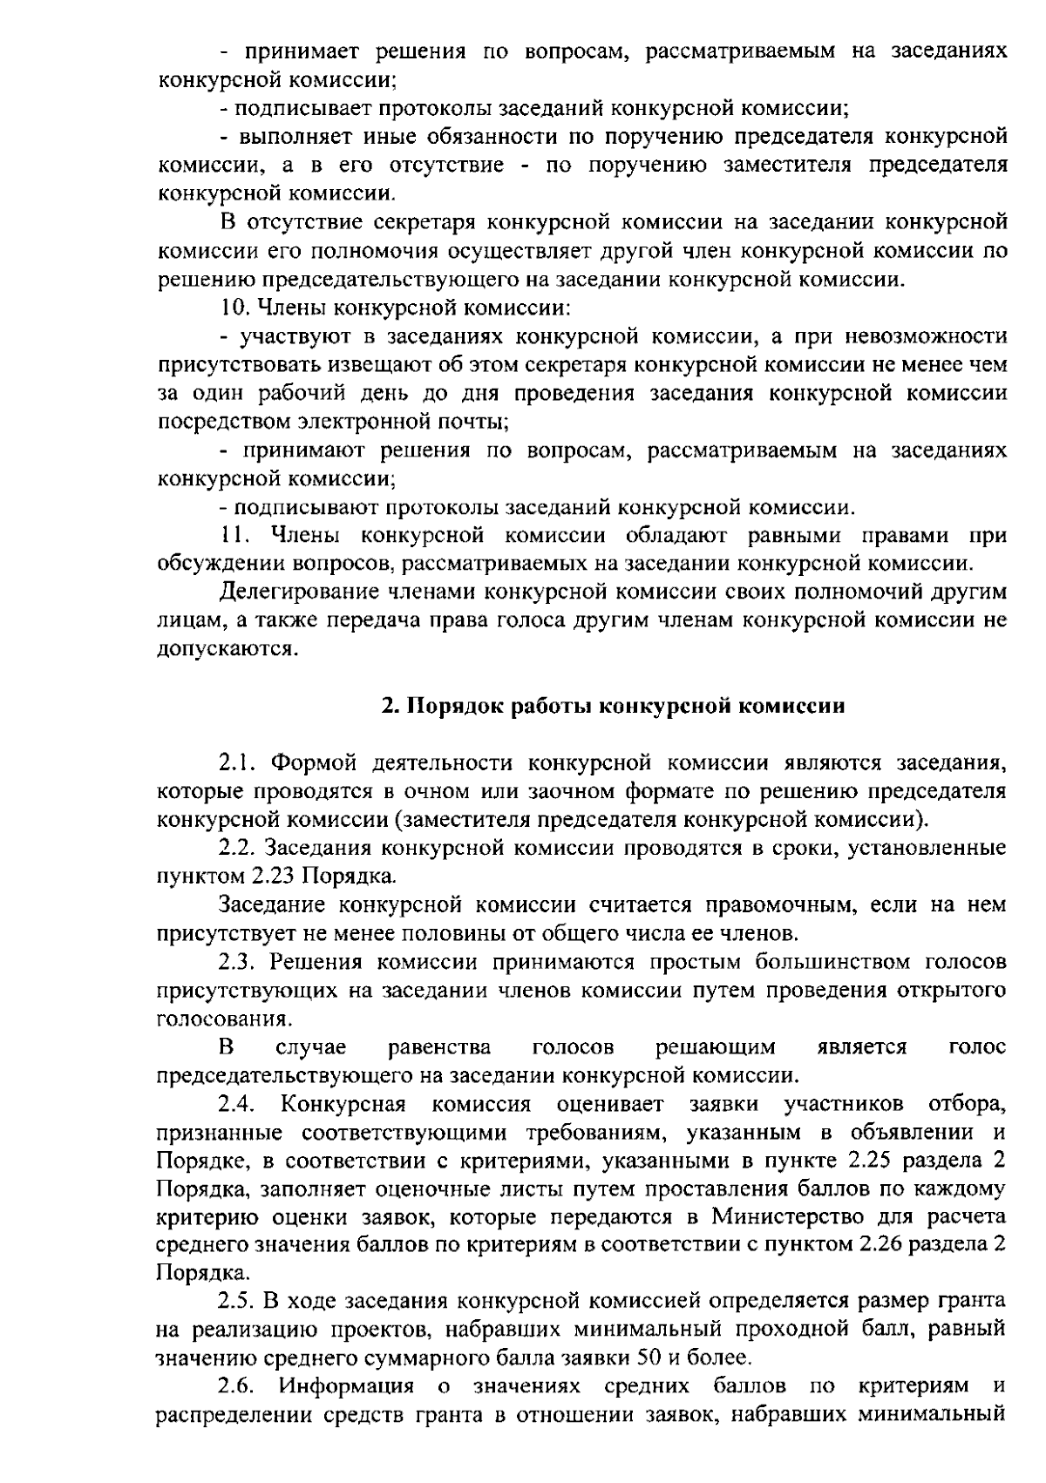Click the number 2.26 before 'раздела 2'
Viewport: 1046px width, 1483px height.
(883, 1246)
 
